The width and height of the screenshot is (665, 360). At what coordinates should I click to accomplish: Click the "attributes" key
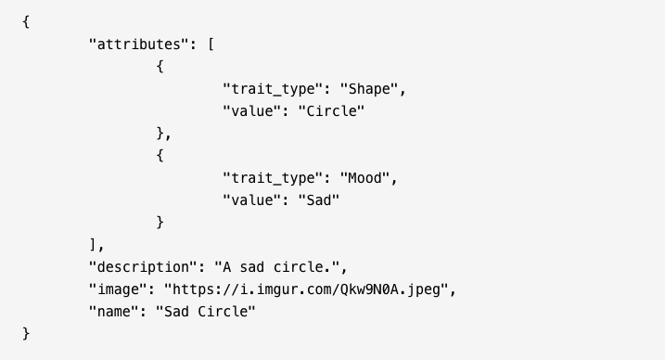pos(139,45)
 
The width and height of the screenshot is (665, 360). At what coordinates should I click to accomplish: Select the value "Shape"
pos(369,89)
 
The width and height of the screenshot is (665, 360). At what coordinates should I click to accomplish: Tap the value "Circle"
pos(331,111)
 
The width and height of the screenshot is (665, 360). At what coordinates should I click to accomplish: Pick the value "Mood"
pos(364,177)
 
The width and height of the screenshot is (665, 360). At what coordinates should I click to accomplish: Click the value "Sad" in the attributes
pos(319,200)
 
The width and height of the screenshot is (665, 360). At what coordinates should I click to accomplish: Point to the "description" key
pos(143,266)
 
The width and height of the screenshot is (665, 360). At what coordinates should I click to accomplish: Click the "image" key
pos(118,289)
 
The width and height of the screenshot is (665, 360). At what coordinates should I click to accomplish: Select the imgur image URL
pos(306,289)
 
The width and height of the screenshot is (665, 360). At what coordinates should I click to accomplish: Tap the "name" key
pos(114,311)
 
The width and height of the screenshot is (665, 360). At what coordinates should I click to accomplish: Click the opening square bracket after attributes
pos(211,45)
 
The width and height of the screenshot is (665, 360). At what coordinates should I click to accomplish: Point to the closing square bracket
pos(93,244)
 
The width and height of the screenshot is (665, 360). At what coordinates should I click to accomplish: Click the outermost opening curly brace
pos(26,21)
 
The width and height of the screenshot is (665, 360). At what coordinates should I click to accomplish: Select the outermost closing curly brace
pos(26,333)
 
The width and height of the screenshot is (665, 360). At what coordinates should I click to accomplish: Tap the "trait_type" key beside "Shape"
pos(273,89)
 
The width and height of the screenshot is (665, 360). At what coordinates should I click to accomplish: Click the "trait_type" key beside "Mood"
pos(273,177)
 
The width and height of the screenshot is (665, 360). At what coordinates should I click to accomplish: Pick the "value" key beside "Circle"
pos(252,111)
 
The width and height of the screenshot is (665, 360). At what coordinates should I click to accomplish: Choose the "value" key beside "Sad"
pos(252,200)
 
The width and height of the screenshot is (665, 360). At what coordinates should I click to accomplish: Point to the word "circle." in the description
pos(301,266)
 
